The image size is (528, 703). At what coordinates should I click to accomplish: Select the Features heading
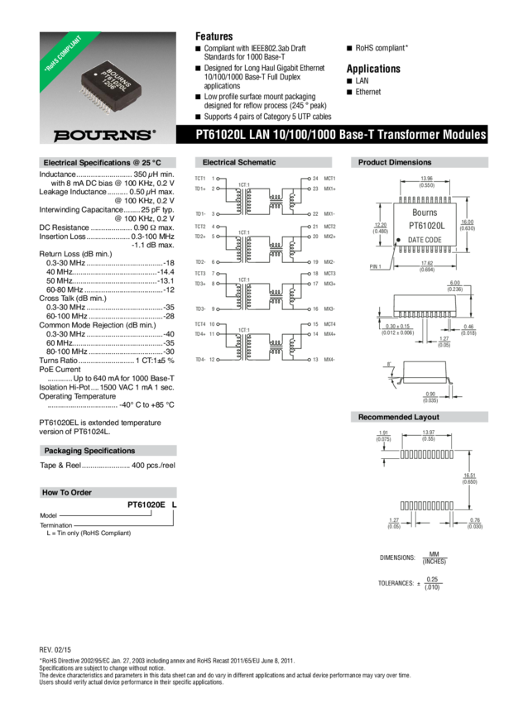(x=214, y=36)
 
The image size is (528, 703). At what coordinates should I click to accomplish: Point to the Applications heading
(x=372, y=69)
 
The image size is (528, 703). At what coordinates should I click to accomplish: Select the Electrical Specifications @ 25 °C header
(x=97, y=163)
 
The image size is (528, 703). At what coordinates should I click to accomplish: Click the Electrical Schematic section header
(x=239, y=163)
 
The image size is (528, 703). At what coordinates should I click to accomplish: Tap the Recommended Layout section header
(x=399, y=417)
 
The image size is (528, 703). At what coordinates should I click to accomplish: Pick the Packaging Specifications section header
(x=89, y=451)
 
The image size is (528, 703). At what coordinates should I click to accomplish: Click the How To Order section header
(x=68, y=492)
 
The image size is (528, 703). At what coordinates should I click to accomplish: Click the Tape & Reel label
(x=60, y=466)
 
